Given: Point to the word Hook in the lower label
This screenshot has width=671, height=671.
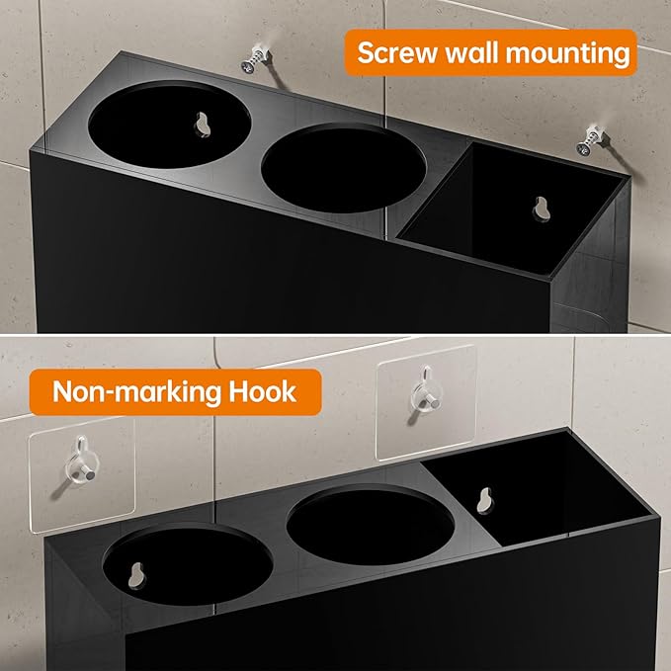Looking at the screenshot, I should tap(261, 390).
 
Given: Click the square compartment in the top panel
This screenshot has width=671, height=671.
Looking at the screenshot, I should tap(514, 217).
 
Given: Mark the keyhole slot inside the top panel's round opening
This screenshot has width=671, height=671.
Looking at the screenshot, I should tap(204, 125).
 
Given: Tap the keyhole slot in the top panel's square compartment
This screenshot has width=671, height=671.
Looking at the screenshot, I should tap(540, 210).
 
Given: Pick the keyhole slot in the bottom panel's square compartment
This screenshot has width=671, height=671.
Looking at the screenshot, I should tap(483, 500).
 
